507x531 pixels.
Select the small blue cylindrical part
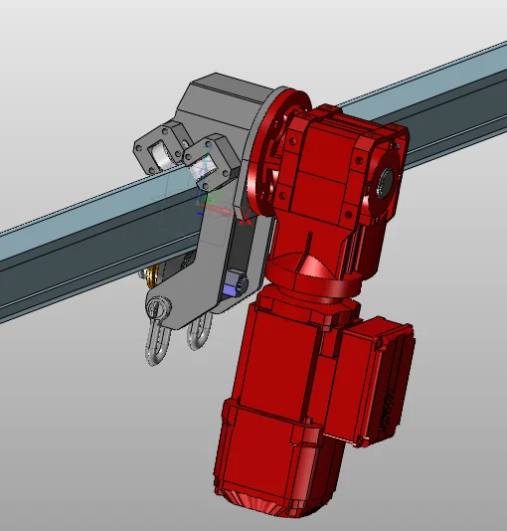237,284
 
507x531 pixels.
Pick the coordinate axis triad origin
206,206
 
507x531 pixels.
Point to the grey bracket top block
224,99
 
